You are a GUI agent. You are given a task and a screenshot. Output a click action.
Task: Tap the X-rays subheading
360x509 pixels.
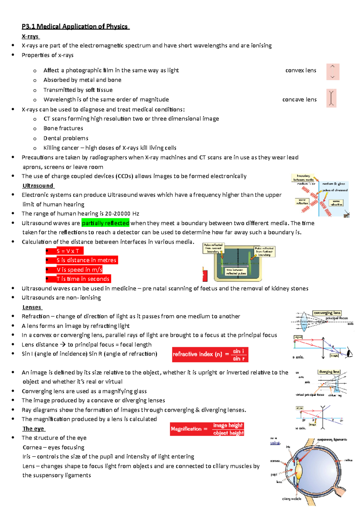point(30,37)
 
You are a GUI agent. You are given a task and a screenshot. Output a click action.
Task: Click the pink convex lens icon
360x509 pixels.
point(333,72)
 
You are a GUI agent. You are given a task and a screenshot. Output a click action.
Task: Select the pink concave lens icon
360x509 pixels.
point(331,98)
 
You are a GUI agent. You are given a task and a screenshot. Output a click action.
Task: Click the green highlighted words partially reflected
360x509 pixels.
point(105,223)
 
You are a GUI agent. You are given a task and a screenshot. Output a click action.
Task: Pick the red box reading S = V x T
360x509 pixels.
point(68,251)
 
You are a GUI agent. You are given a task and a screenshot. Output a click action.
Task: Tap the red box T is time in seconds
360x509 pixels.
point(83,279)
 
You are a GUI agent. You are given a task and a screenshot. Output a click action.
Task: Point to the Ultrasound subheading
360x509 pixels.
point(38,186)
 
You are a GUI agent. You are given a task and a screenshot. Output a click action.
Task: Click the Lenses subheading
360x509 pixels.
point(32,307)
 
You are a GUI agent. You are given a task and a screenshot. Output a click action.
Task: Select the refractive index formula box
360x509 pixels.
point(210,354)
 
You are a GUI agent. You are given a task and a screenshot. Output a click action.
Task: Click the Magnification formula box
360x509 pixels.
point(207,429)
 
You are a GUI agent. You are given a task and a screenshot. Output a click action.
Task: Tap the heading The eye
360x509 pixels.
point(33,429)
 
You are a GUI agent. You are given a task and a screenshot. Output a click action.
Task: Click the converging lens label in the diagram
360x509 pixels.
point(327,313)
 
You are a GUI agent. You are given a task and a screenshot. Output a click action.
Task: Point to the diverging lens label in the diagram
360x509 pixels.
point(329,372)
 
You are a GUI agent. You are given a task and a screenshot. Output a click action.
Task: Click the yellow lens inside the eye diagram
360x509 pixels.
point(299,472)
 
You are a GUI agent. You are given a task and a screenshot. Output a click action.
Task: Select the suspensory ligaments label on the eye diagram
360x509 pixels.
point(332,439)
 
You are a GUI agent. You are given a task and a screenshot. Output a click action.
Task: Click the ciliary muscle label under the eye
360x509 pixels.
point(292,499)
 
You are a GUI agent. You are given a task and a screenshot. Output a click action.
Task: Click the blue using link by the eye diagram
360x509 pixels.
point(275,443)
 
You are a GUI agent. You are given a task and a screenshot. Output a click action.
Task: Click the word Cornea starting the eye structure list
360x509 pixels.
point(32,447)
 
